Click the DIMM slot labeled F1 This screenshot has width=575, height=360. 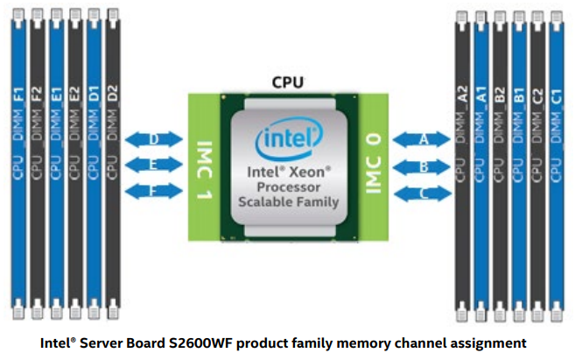(x=19, y=162)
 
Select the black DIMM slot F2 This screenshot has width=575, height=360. (x=38, y=162)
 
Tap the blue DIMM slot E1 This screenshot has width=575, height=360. (x=56, y=162)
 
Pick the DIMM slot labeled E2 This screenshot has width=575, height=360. (x=74, y=162)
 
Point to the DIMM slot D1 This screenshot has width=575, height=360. (x=93, y=162)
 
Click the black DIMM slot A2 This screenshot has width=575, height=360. (x=462, y=162)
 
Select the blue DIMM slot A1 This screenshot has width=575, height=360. (x=480, y=162)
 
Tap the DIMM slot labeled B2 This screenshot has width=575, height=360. (x=499, y=162)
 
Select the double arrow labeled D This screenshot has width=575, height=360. (x=154, y=139)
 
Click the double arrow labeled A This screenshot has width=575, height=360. (x=424, y=139)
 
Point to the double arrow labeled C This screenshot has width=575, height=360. (x=424, y=193)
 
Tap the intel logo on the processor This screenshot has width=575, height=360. (x=288, y=141)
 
